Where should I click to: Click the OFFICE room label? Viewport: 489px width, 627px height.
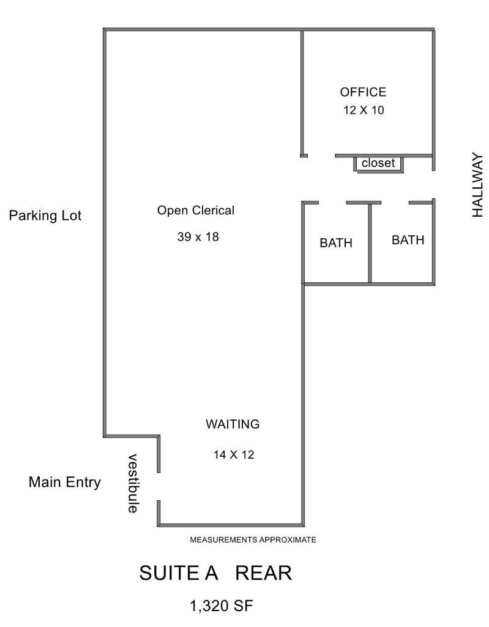pos(363,92)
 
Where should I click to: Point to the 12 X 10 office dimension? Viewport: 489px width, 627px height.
pos(364,110)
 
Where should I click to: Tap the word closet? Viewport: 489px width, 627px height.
pos(378,163)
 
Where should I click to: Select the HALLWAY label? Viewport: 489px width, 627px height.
pos(477,185)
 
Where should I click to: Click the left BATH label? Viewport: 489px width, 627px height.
pos(336,242)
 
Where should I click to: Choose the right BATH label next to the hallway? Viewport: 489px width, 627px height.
pos(408,240)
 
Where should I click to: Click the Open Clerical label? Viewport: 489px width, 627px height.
pos(195,211)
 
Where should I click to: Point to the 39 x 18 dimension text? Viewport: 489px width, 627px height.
pos(198,237)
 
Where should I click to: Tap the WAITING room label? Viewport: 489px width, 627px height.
pos(233,424)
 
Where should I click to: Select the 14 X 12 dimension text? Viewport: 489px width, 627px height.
pos(234,455)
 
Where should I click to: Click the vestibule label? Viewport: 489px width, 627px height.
pos(133,483)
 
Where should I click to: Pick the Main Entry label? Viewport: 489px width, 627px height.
pos(64,482)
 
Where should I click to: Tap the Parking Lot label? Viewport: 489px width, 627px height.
pos(45,215)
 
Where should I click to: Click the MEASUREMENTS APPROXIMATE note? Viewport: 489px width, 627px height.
pos(253,540)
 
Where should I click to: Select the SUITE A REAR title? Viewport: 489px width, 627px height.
pos(215,573)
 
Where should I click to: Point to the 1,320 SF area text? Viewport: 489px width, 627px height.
pos(222,606)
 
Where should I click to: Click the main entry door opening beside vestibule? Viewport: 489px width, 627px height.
pos(159,487)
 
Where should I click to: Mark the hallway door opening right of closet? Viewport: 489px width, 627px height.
pos(433,185)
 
